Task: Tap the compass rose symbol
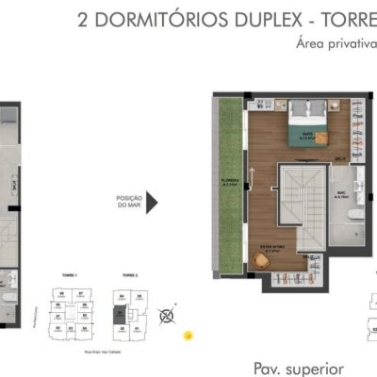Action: tap(167, 316)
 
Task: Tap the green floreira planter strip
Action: tap(230, 188)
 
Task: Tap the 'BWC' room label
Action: tap(344, 198)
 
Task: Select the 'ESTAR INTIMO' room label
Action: tap(273, 250)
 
